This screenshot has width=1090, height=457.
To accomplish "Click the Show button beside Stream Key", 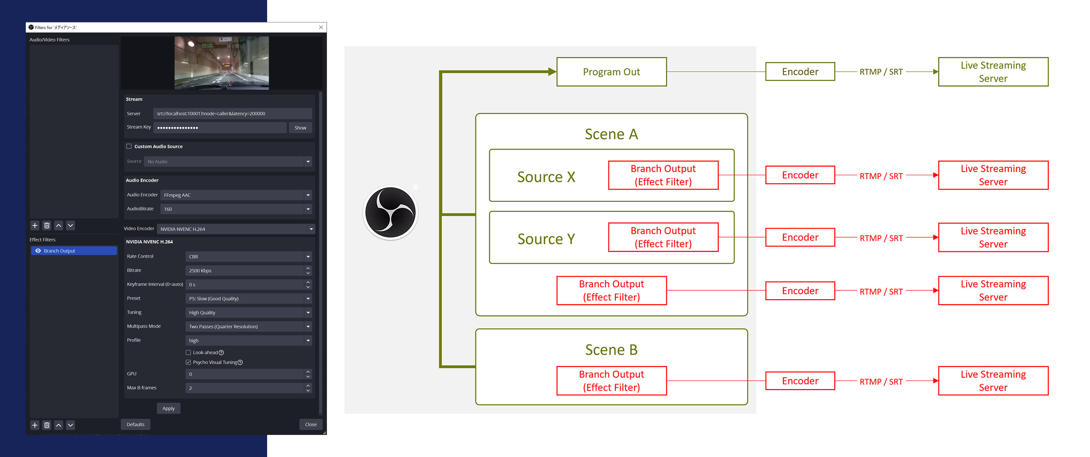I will point(300,128).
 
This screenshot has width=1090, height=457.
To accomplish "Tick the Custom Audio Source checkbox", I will point(129,146).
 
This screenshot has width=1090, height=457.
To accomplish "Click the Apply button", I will point(168,408).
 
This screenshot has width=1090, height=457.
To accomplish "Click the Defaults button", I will point(135,424).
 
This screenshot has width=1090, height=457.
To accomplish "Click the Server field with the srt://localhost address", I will point(233,113).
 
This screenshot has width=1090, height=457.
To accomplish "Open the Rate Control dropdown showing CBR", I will point(248,256).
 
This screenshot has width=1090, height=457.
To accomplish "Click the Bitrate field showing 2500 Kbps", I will point(245,271).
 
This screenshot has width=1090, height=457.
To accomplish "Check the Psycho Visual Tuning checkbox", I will point(188,362).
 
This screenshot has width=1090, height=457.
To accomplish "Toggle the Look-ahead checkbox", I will point(188,352).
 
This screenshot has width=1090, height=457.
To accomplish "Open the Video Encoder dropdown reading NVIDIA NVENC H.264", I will point(236,229).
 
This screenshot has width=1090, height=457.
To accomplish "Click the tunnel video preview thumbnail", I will point(221,63).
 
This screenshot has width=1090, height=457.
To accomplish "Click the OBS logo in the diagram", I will point(391,212).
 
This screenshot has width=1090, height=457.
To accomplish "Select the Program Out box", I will point(611,72).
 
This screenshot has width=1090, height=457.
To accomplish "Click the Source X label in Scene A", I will point(546,177).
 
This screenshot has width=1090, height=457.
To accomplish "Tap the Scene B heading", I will point(611,350).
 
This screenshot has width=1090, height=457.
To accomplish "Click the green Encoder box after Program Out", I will point(800,72).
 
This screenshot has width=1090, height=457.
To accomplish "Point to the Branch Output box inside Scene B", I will point(611,381).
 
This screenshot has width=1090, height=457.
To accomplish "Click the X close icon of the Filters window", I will point(321,27).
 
